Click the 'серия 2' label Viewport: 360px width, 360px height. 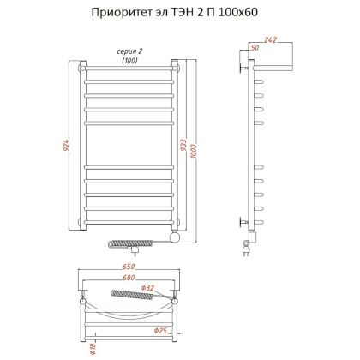coord(129,51)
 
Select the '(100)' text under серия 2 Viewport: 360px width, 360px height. coord(129,61)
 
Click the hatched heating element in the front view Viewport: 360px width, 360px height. coord(124,245)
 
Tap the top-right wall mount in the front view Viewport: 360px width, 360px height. coord(175,65)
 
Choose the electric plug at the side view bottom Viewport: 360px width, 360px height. coord(247,251)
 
